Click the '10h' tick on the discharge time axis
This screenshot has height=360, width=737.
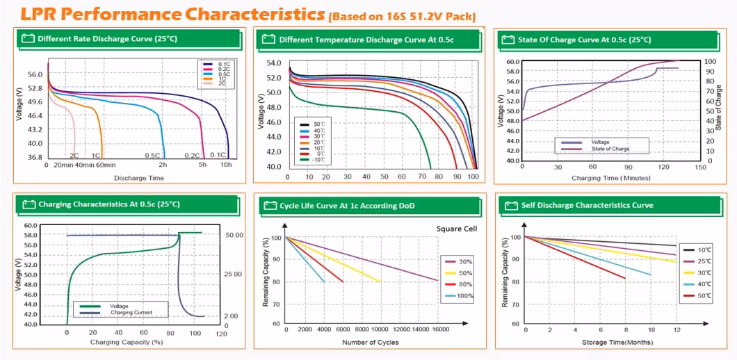point(227,165)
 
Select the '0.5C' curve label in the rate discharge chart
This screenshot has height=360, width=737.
point(152,156)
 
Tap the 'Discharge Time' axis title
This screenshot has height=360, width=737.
point(139,178)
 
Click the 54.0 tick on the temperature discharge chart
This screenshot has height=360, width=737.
point(274,63)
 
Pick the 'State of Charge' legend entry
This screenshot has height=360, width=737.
point(610,149)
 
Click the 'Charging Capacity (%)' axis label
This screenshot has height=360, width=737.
point(126,341)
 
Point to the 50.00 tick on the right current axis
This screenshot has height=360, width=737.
point(234,236)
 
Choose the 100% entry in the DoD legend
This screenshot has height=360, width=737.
point(462,296)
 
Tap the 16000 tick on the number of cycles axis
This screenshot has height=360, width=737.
point(439,329)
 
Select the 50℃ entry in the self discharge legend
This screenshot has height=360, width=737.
point(704,295)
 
